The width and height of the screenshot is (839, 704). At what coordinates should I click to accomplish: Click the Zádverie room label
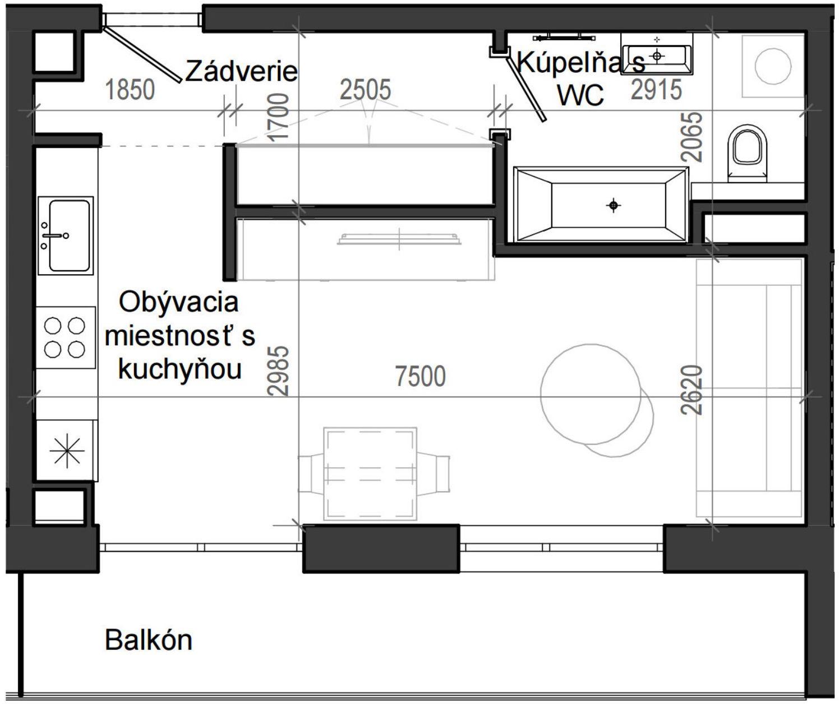point(241,71)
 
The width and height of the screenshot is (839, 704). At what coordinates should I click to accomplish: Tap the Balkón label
point(149,640)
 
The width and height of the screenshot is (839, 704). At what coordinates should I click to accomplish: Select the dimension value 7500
point(421,376)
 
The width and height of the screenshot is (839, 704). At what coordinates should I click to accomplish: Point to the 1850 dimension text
point(130,90)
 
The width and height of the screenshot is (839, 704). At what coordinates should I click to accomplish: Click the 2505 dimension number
point(366,90)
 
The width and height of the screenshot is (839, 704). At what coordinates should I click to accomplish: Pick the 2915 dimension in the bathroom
point(656,90)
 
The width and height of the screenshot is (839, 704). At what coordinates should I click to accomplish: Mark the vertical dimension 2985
point(279,370)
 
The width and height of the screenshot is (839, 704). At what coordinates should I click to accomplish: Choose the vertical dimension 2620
point(692,390)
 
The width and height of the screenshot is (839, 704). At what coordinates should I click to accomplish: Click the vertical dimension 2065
point(694,137)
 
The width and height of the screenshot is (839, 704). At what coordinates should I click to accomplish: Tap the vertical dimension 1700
point(279,117)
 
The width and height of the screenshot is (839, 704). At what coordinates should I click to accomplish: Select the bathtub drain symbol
point(614,206)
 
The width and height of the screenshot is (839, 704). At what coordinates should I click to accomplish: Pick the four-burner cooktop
point(65,337)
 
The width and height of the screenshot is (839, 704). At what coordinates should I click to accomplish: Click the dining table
point(371,474)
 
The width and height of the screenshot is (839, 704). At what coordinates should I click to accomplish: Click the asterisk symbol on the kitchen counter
point(67,450)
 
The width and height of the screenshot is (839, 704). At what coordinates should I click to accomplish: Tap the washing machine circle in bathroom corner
point(772,66)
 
